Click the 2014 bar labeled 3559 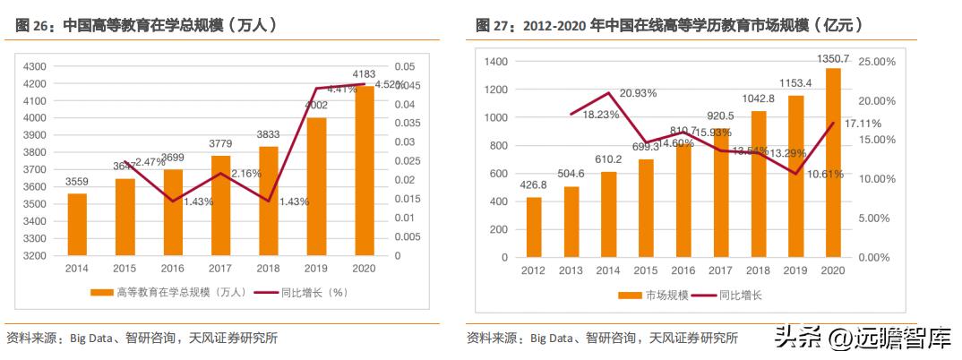[x=77, y=224]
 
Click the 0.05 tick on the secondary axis [x=405, y=67]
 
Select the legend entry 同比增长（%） [x=301, y=292]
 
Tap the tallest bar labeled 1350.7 [x=833, y=162]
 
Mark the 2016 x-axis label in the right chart [x=683, y=270]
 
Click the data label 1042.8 [x=759, y=99]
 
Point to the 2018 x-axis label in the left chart [x=269, y=268]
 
